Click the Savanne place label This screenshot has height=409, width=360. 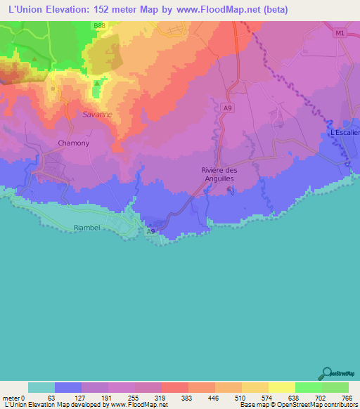(97, 115)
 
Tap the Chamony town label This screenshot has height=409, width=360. (73, 143)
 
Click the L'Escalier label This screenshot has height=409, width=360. (345, 133)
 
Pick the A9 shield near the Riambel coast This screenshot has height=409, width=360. (150, 231)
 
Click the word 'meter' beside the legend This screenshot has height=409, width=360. (11, 398)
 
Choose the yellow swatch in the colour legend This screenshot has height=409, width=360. (281, 387)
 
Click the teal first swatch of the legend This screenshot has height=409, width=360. (41, 387)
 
